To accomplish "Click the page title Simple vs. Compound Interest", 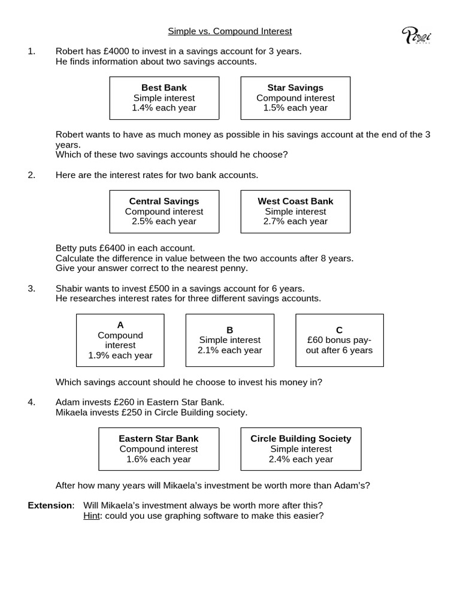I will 229,31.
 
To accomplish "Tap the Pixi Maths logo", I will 416,36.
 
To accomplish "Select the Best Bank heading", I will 164,88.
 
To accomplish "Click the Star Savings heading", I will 295,88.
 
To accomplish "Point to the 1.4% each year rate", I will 164,108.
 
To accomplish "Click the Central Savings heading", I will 164,201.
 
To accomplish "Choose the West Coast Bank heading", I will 295,201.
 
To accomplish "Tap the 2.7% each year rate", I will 295,221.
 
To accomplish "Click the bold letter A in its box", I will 120,325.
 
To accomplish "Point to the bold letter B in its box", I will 229,330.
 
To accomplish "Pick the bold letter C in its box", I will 339,330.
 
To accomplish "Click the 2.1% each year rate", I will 229,350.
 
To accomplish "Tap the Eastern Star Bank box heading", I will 158,438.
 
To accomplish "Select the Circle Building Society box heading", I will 301,438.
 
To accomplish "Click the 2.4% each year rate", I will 301,459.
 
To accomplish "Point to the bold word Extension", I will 50,505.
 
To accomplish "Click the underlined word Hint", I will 91,515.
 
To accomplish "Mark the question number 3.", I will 31,288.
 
